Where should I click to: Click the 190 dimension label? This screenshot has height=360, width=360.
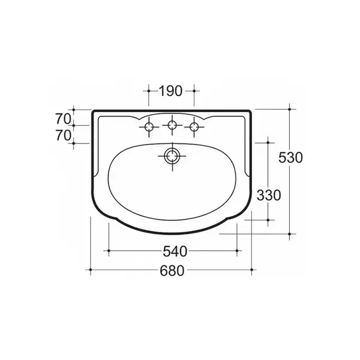pos(170,91)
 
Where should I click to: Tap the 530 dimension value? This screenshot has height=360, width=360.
pos(290,158)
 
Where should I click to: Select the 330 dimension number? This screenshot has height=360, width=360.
pos(269,196)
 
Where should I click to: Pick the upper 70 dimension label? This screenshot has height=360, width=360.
pos(63,119)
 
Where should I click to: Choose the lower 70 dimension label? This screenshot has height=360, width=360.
pos(63,136)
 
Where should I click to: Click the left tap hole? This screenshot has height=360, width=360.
pos(149,127)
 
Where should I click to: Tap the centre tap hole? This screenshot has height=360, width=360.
pos(172,125)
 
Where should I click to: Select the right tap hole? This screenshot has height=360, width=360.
pos(194,127)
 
